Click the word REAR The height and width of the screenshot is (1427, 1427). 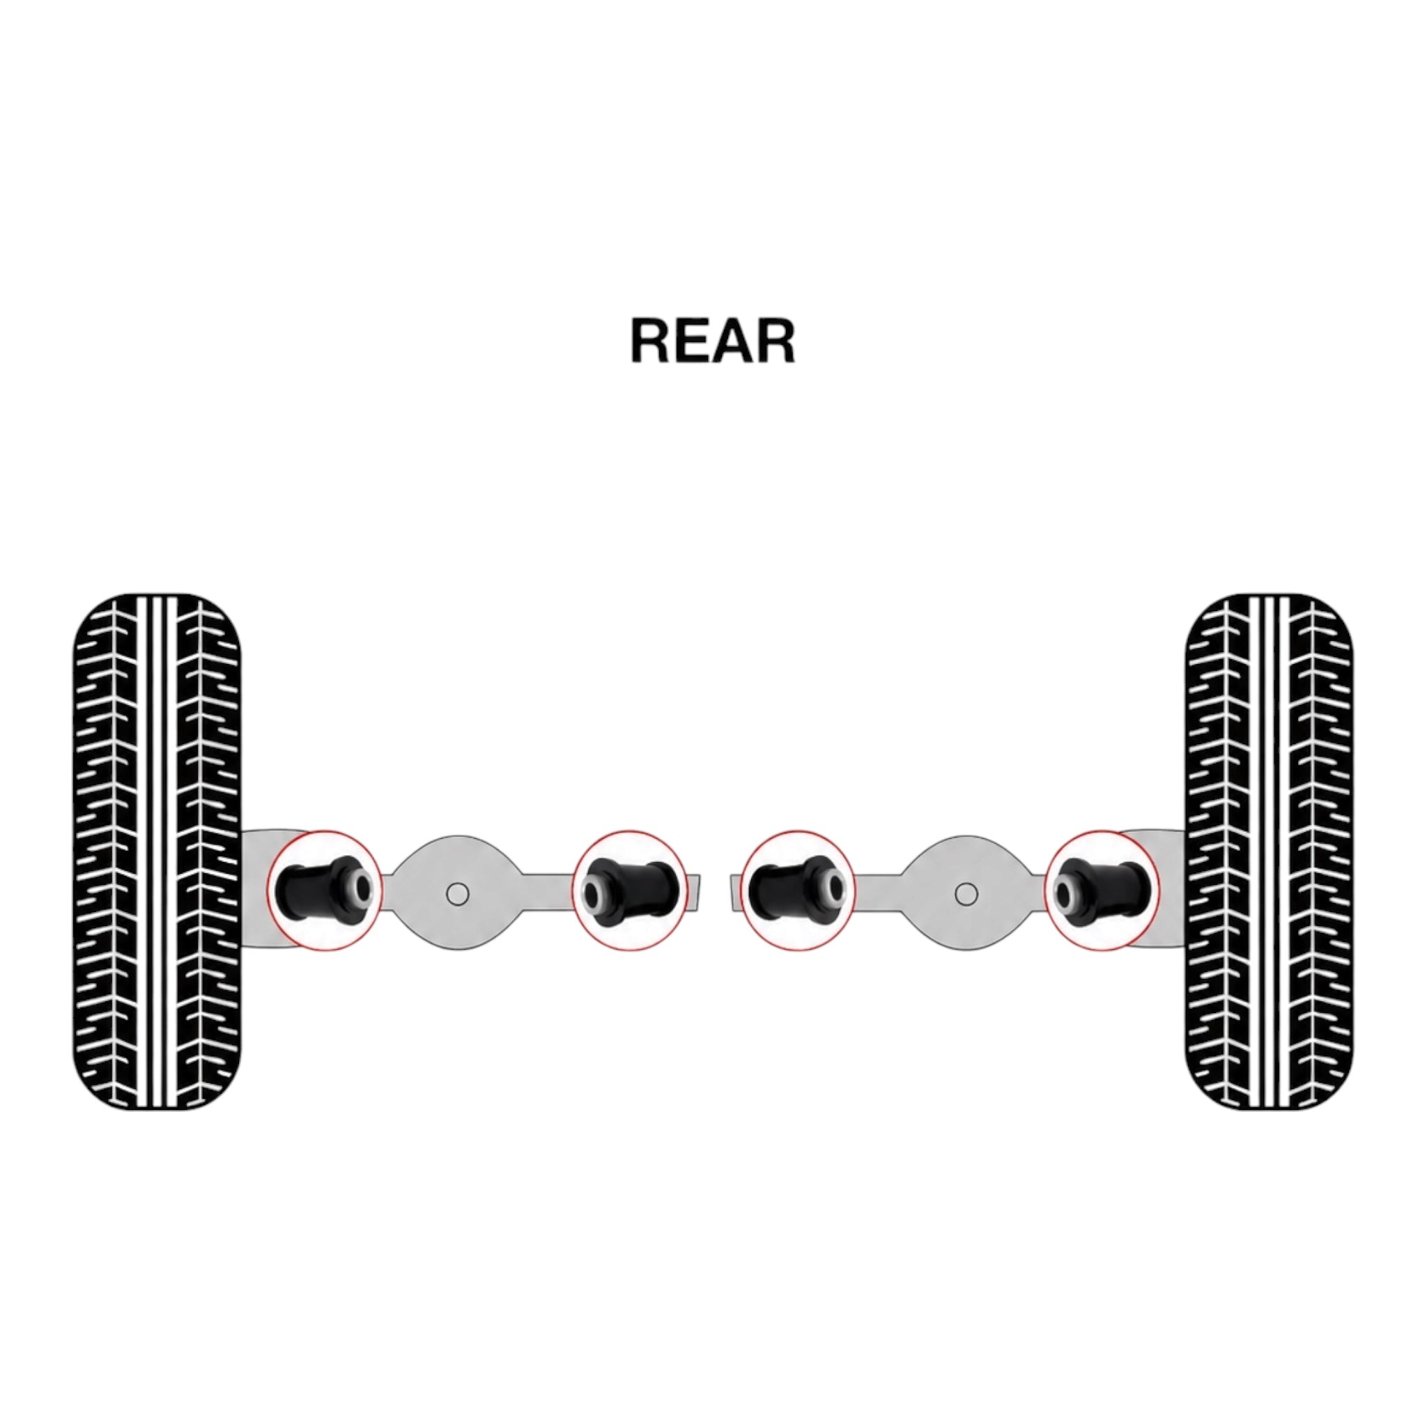(713, 341)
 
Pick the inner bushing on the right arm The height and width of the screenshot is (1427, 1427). (796, 890)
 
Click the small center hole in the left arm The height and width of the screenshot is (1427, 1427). (458, 895)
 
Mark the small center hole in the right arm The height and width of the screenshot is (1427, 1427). (966, 895)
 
